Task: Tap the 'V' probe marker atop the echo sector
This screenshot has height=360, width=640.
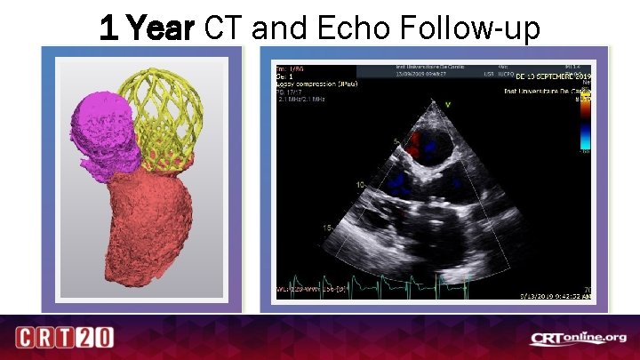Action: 449,105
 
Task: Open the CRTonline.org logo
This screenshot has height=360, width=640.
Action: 579,338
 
